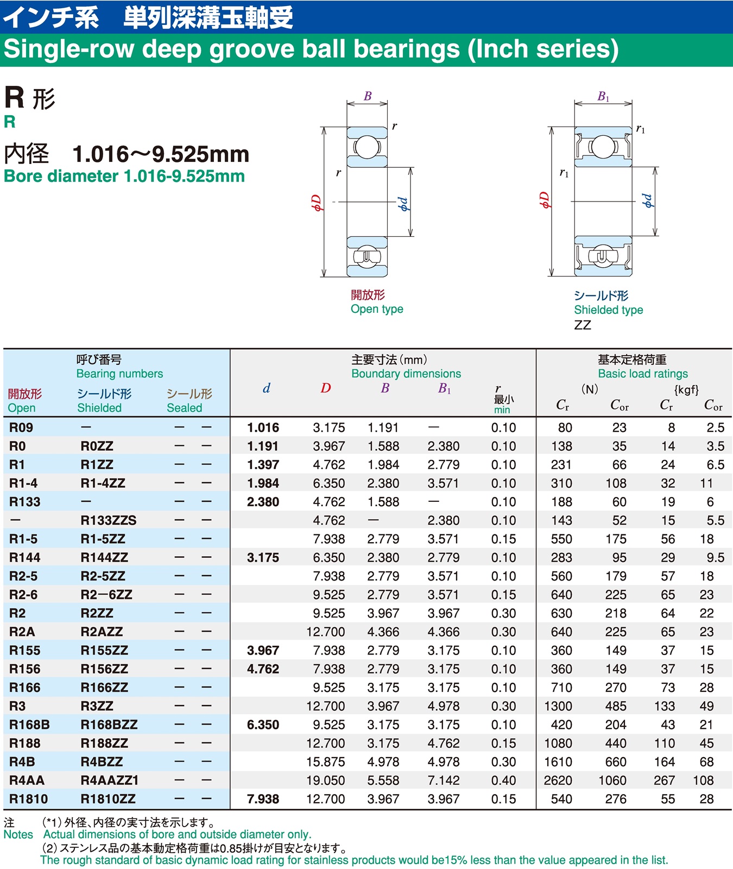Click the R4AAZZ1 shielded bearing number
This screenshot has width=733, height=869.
pyautogui.click(x=109, y=780)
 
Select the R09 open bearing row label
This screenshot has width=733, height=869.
pyautogui.click(x=21, y=427)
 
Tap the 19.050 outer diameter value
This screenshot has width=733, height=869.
pyautogui.click(x=325, y=780)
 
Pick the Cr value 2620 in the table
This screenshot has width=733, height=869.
pyautogui.click(x=558, y=780)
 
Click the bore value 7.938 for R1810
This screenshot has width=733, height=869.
pyautogui.click(x=263, y=799)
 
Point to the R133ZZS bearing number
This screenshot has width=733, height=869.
pyautogui.click(x=108, y=520)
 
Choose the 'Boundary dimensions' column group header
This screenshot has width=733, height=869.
pyautogui.click(x=406, y=374)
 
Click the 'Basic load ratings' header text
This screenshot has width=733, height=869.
pyautogui.click(x=642, y=374)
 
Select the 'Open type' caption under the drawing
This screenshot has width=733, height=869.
pyautogui.click(x=377, y=309)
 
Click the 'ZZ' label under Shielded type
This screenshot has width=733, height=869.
pyautogui.click(x=582, y=325)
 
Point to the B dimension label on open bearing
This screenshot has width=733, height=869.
pyautogui.click(x=368, y=96)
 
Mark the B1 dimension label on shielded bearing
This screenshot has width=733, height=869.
pyautogui.click(x=603, y=97)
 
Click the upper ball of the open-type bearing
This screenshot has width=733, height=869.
pyautogui.click(x=367, y=147)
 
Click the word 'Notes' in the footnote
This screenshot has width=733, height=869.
pyautogui.click(x=18, y=835)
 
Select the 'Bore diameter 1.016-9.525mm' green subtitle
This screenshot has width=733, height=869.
pyautogui.click(x=124, y=177)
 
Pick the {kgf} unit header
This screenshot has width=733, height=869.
pyautogui.click(x=686, y=389)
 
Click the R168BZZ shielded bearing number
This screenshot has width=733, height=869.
pyautogui.click(x=109, y=725)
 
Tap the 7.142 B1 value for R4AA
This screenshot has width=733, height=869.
pyautogui.click(x=443, y=780)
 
